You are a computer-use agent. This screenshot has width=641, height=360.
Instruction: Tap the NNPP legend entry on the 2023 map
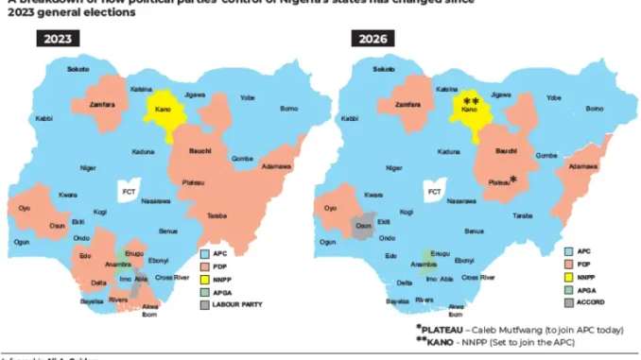tap(225, 279)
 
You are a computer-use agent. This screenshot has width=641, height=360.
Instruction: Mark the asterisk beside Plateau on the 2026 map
tap(513, 179)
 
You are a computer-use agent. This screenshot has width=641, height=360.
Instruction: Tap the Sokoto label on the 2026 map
tap(384, 69)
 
